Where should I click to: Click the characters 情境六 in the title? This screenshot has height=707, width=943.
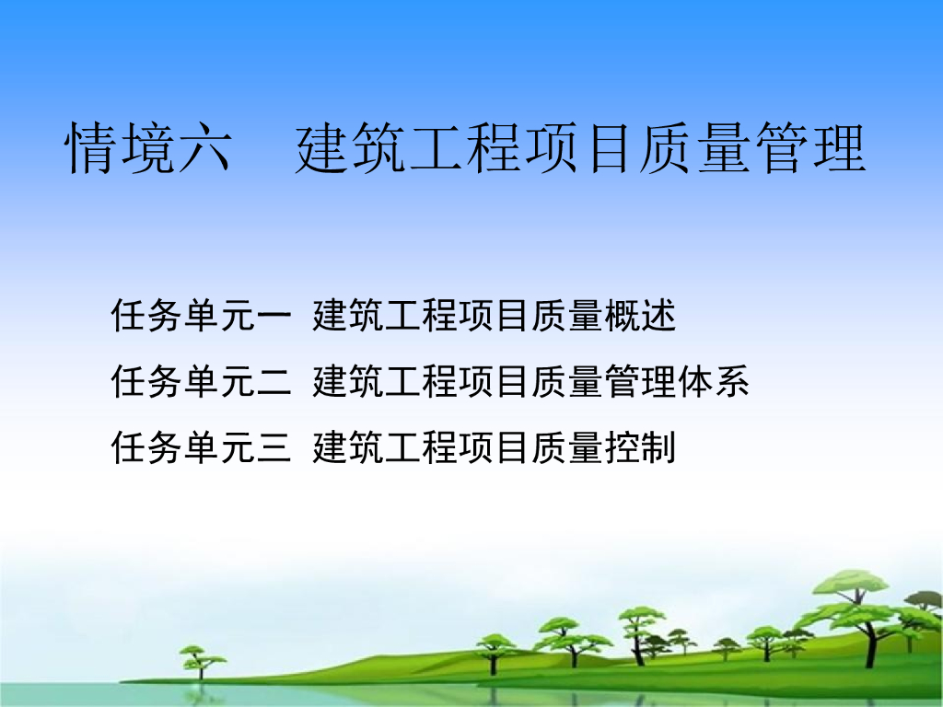click(147, 148)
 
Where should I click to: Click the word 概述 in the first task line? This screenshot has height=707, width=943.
click(641, 316)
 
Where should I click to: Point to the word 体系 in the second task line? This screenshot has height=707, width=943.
click(715, 381)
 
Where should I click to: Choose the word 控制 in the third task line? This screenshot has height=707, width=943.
click(641, 447)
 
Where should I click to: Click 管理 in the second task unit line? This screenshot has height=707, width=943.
click(641, 381)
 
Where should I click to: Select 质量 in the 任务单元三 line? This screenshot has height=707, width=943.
click(568, 447)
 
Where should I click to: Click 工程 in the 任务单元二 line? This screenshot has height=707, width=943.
click(422, 381)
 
